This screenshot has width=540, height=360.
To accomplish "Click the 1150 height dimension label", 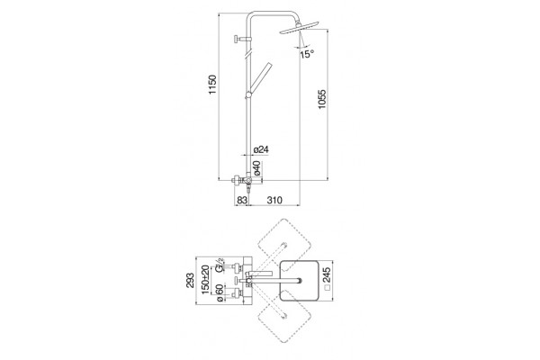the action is click(212, 85).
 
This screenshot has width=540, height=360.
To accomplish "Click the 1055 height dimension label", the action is click(321, 100).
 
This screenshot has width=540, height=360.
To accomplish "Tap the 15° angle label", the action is click(307, 54).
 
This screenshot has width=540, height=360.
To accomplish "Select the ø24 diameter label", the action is click(261, 149).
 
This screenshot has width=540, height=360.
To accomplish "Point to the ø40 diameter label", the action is click(257, 167).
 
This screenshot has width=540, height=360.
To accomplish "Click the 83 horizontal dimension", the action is click(242, 200).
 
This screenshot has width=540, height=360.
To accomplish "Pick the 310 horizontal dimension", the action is click(274, 200).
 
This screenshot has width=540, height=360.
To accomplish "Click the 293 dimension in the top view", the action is click(190, 281).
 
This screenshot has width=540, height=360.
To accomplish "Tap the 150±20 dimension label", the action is click(205, 280).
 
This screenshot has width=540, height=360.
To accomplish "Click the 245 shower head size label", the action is click(327, 274).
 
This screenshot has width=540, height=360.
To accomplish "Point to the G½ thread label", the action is click(220, 264).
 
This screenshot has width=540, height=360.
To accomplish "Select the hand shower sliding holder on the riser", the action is click(248, 95).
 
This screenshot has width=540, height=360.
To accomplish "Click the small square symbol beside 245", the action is click(328, 287).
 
